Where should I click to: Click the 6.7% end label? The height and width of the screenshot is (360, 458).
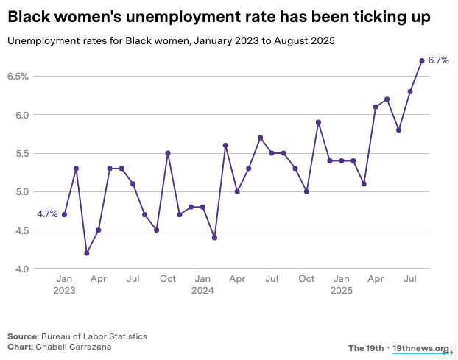[x=438, y=60]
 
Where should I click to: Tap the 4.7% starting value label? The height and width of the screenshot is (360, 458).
[x=47, y=214]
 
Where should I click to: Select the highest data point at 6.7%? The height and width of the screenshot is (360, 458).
[x=422, y=60]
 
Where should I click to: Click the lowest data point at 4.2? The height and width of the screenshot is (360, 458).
[x=87, y=253]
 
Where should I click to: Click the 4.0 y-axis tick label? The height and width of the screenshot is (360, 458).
[x=21, y=269]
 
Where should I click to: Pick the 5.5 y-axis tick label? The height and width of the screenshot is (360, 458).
[x=21, y=153]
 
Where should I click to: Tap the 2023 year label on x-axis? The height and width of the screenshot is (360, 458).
[x=64, y=291]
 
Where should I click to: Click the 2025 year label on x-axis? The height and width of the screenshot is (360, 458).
[x=341, y=291]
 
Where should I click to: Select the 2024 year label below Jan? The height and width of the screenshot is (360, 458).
[x=202, y=291]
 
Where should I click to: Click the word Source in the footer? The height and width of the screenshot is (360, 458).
[x=23, y=336]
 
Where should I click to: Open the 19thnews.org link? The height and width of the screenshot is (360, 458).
[x=420, y=348]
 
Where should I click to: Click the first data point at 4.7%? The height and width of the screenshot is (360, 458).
[x=64, y=214]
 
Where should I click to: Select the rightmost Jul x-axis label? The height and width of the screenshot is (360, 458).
[x=410, y=279]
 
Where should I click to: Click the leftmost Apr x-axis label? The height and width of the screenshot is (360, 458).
[x=99, y=279]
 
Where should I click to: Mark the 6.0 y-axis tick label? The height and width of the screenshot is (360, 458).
[x=21, y=115]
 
